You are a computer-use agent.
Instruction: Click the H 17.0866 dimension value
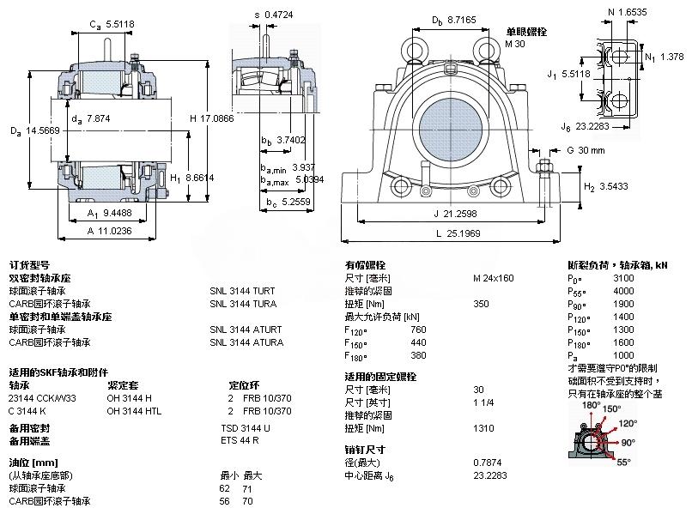pyautogui.click(x=210, y=118)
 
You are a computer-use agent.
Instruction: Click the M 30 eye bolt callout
pyautogui.click(x=514, y=44)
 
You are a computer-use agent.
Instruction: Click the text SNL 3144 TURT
pyautogui.click(x=244, y=291)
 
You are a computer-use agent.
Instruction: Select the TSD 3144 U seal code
pyautogui.click(x=246, y=427)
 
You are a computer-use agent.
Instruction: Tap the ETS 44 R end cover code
pyautogui.click(x=240, y=440)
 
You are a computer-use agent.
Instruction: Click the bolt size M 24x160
pyautogui.click(x=494, y=278)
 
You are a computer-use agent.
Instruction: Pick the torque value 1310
pyautogui.click(x=483, y=427)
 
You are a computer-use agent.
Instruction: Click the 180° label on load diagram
pyautogui.click(x=592, y=404)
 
